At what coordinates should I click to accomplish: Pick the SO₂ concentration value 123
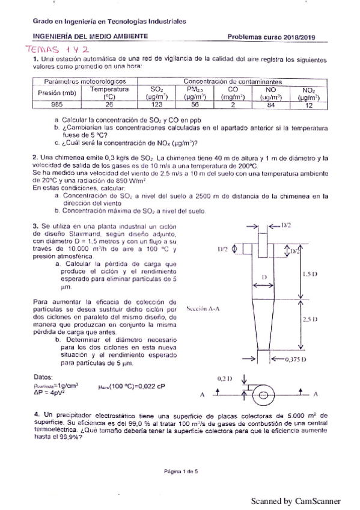pyautogui.click(x=157, y=103)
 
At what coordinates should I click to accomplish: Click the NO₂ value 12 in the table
pyautogui.click(x=309, y=103)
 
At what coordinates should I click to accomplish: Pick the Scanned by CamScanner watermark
pyautogui.click(x=295, y=500)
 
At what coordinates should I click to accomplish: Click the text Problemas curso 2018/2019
pyautogui.click(x=272, y=37)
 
